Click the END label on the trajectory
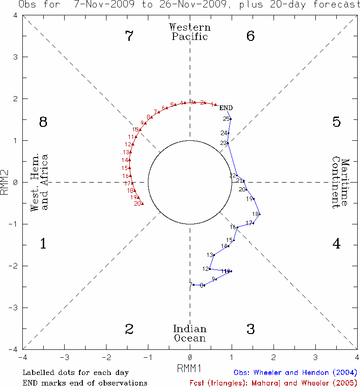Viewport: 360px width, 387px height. coord(226,108)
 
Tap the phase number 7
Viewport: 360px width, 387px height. coord(130,36)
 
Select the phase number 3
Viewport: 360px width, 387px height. coord(251,329)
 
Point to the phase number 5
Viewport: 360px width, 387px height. coord(337,122)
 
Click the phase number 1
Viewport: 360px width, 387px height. coord(43,243)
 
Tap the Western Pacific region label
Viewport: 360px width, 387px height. coord(190,32)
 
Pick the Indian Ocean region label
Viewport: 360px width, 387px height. coord(190,333)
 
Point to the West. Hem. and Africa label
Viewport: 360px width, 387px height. coord(39,183)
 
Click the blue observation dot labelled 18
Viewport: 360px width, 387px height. coord(259,214)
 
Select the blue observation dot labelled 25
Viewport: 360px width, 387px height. coord(230,119)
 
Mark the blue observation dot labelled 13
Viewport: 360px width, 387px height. coord(214,255)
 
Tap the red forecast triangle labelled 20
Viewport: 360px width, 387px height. coord(142,203)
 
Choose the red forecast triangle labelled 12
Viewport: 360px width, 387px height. coord(133,144)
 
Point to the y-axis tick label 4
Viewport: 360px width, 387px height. coord(15,15)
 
